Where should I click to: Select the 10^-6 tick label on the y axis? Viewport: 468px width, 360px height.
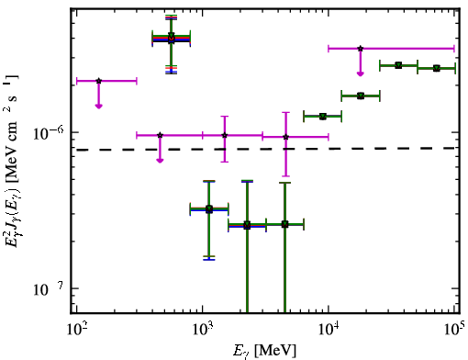48,132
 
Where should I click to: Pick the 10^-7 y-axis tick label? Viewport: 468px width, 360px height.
48,289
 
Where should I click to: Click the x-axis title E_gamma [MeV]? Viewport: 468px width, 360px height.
264,351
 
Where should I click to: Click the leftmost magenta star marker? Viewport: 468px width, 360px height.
98,81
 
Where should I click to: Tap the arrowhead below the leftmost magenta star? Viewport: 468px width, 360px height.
98,106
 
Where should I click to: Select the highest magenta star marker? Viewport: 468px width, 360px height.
361,49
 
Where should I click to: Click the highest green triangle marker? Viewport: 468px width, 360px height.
172,36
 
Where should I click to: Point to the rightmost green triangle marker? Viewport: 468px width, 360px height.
437,68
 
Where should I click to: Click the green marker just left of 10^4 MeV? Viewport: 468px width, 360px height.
322,117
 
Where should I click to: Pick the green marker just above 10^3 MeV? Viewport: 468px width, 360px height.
209,209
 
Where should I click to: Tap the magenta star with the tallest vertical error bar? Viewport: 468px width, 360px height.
285,137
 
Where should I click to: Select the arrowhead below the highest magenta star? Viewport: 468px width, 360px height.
361,73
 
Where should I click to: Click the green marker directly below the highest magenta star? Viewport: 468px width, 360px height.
361,96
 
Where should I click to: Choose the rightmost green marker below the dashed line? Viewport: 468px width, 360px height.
284,224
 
